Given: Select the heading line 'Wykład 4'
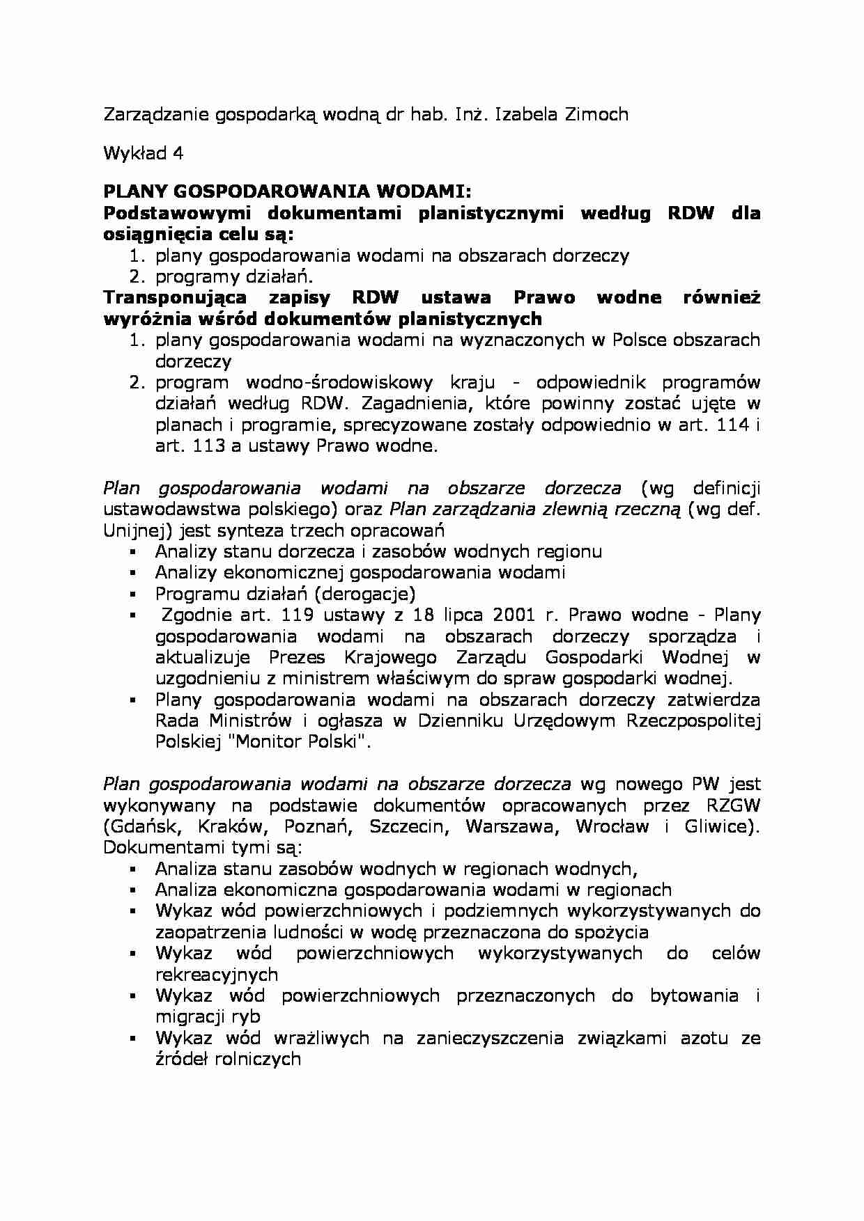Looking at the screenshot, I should tap(143, 154).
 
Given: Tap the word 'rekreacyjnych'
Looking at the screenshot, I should tap(216, 975).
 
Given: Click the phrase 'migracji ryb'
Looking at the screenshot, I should tap(207, 1017).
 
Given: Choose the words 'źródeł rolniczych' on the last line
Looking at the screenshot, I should tap(228, 1059).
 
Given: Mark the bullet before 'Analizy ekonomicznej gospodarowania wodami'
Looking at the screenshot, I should tap(132, 574).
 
